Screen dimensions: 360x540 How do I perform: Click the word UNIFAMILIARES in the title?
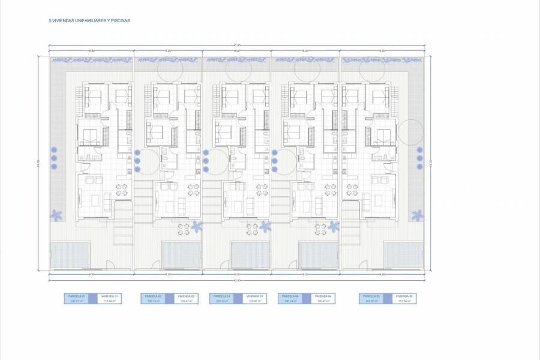pos(88,20)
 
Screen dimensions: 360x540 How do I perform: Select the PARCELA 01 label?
pos(76,296)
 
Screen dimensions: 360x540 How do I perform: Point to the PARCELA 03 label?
pos(221,296)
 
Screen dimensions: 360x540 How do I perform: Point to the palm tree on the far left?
pos(57,215)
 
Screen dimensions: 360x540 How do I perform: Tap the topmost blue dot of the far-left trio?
pos(54,149)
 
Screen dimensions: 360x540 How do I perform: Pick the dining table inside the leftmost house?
pos(121,190)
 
